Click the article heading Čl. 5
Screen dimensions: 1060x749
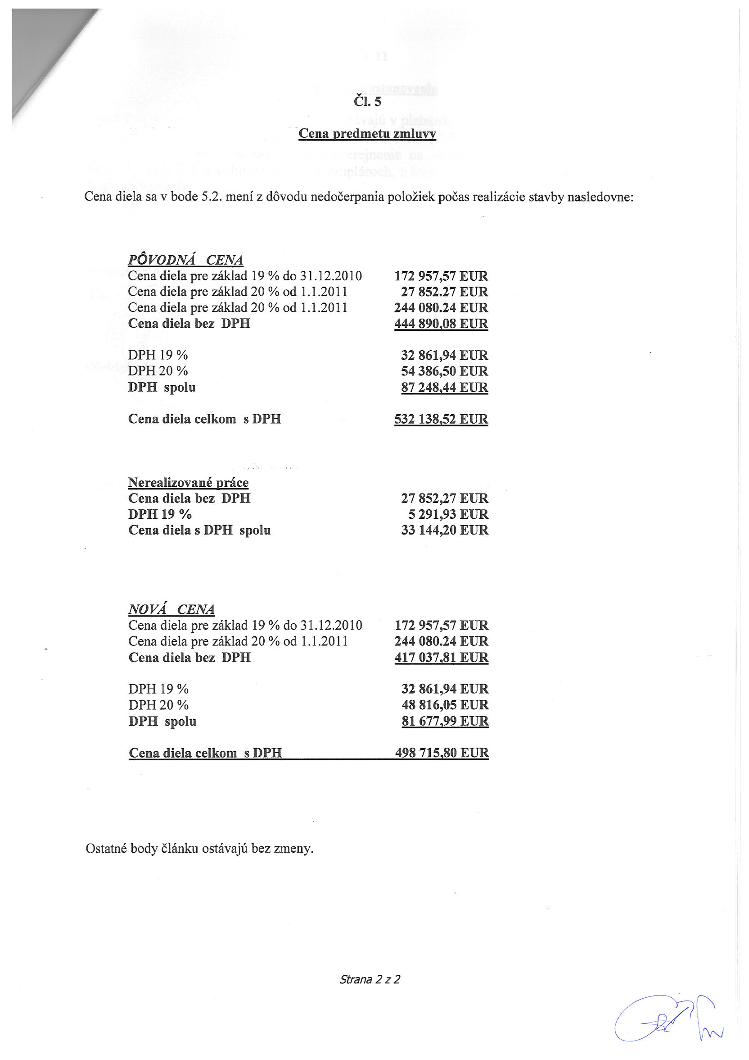pyautogui.click(x=367, y=101)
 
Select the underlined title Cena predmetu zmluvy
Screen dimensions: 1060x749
pyautogui.click(x=367, y=133)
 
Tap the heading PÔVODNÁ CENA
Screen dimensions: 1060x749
pyautogui.click(x=185, y=260)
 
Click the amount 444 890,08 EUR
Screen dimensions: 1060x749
pyautogui.click(x=441, y=324)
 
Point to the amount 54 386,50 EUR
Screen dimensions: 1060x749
pyautogui.click(x=444, y=371)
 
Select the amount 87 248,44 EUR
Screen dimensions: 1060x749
pyautogui.click(x=444, y=387)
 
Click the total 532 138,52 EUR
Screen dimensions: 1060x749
pyautogui.click(x=441, y=419)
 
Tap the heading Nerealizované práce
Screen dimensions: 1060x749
pyautogui.click(x=188, y=482)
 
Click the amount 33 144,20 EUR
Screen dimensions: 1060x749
pyautogui.click(x=444, y=530)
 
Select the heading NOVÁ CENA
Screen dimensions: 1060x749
pyautogui.click(x=171, y=609)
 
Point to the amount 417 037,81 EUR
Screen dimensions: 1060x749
pyautogui.click(x=442, y=658)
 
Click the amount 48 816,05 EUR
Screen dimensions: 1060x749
pyautogui.click(x=445, y=705)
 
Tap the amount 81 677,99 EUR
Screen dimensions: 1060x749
pyautogui.click(x=445, y=721)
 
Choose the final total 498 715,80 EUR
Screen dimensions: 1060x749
pyautogui.click(x=442, y=753)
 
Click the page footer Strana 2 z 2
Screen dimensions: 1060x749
pyautogui.click(x=370, y=979)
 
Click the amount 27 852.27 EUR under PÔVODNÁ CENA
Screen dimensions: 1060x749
pyautogui.click(x=444, y=292)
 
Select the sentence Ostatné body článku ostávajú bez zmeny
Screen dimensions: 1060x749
pyautogui.click(x=199, y=848)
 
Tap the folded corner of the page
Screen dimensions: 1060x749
pyautogui.click(x=41, y=55)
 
